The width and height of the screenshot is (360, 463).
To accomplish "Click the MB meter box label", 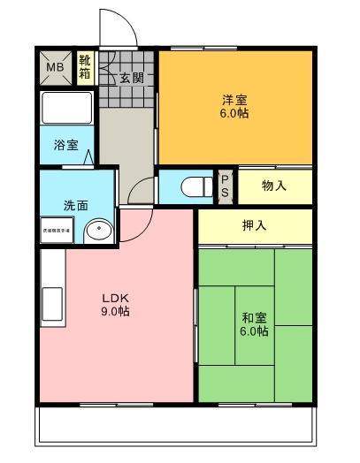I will tap(54, 67).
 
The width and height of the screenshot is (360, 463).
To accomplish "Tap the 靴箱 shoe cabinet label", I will tap(85, 67).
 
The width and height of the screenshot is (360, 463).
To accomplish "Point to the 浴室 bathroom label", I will tap(65, 142).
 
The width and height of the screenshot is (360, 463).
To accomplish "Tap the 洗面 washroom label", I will tap(74, 205).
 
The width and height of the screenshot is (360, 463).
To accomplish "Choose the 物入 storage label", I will tap(274, 186).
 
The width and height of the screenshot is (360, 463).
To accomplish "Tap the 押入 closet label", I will tap(254, 225).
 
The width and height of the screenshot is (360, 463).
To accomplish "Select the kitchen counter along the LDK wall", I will tap(51, 292).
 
